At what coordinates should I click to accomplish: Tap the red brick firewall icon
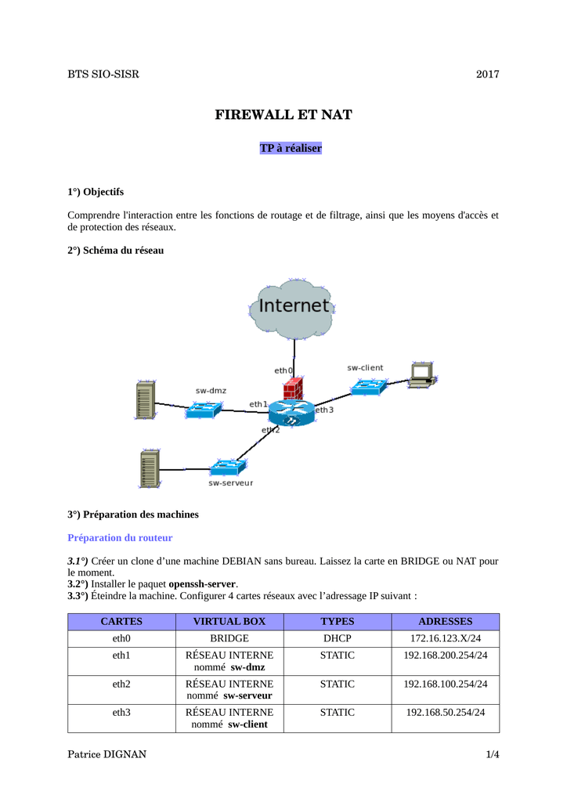point(294,388)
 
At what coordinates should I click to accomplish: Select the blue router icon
point(291,413)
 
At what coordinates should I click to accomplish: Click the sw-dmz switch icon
point(204,409)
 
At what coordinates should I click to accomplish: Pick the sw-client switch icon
point(368,386)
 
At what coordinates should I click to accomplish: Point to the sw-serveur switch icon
point(228,467)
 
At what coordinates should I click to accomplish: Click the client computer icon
point(422,375)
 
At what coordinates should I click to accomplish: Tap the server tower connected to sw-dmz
point(145,400)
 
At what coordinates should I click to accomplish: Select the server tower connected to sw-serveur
point(150,468)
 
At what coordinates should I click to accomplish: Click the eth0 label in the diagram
point(283,370)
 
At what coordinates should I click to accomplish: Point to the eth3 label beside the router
point(324,410)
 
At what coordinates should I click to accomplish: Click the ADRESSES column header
point(446,621)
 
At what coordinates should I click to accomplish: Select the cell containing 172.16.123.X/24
point(446,638)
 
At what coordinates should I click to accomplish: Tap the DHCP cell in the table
point(338,638)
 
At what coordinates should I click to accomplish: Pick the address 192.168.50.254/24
point(446,713)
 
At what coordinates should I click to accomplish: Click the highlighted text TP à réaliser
point(291,148)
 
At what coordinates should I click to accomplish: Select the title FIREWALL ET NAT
point(283,114)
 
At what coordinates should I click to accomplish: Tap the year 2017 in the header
point(488,74)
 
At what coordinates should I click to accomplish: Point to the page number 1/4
point(493,754)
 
